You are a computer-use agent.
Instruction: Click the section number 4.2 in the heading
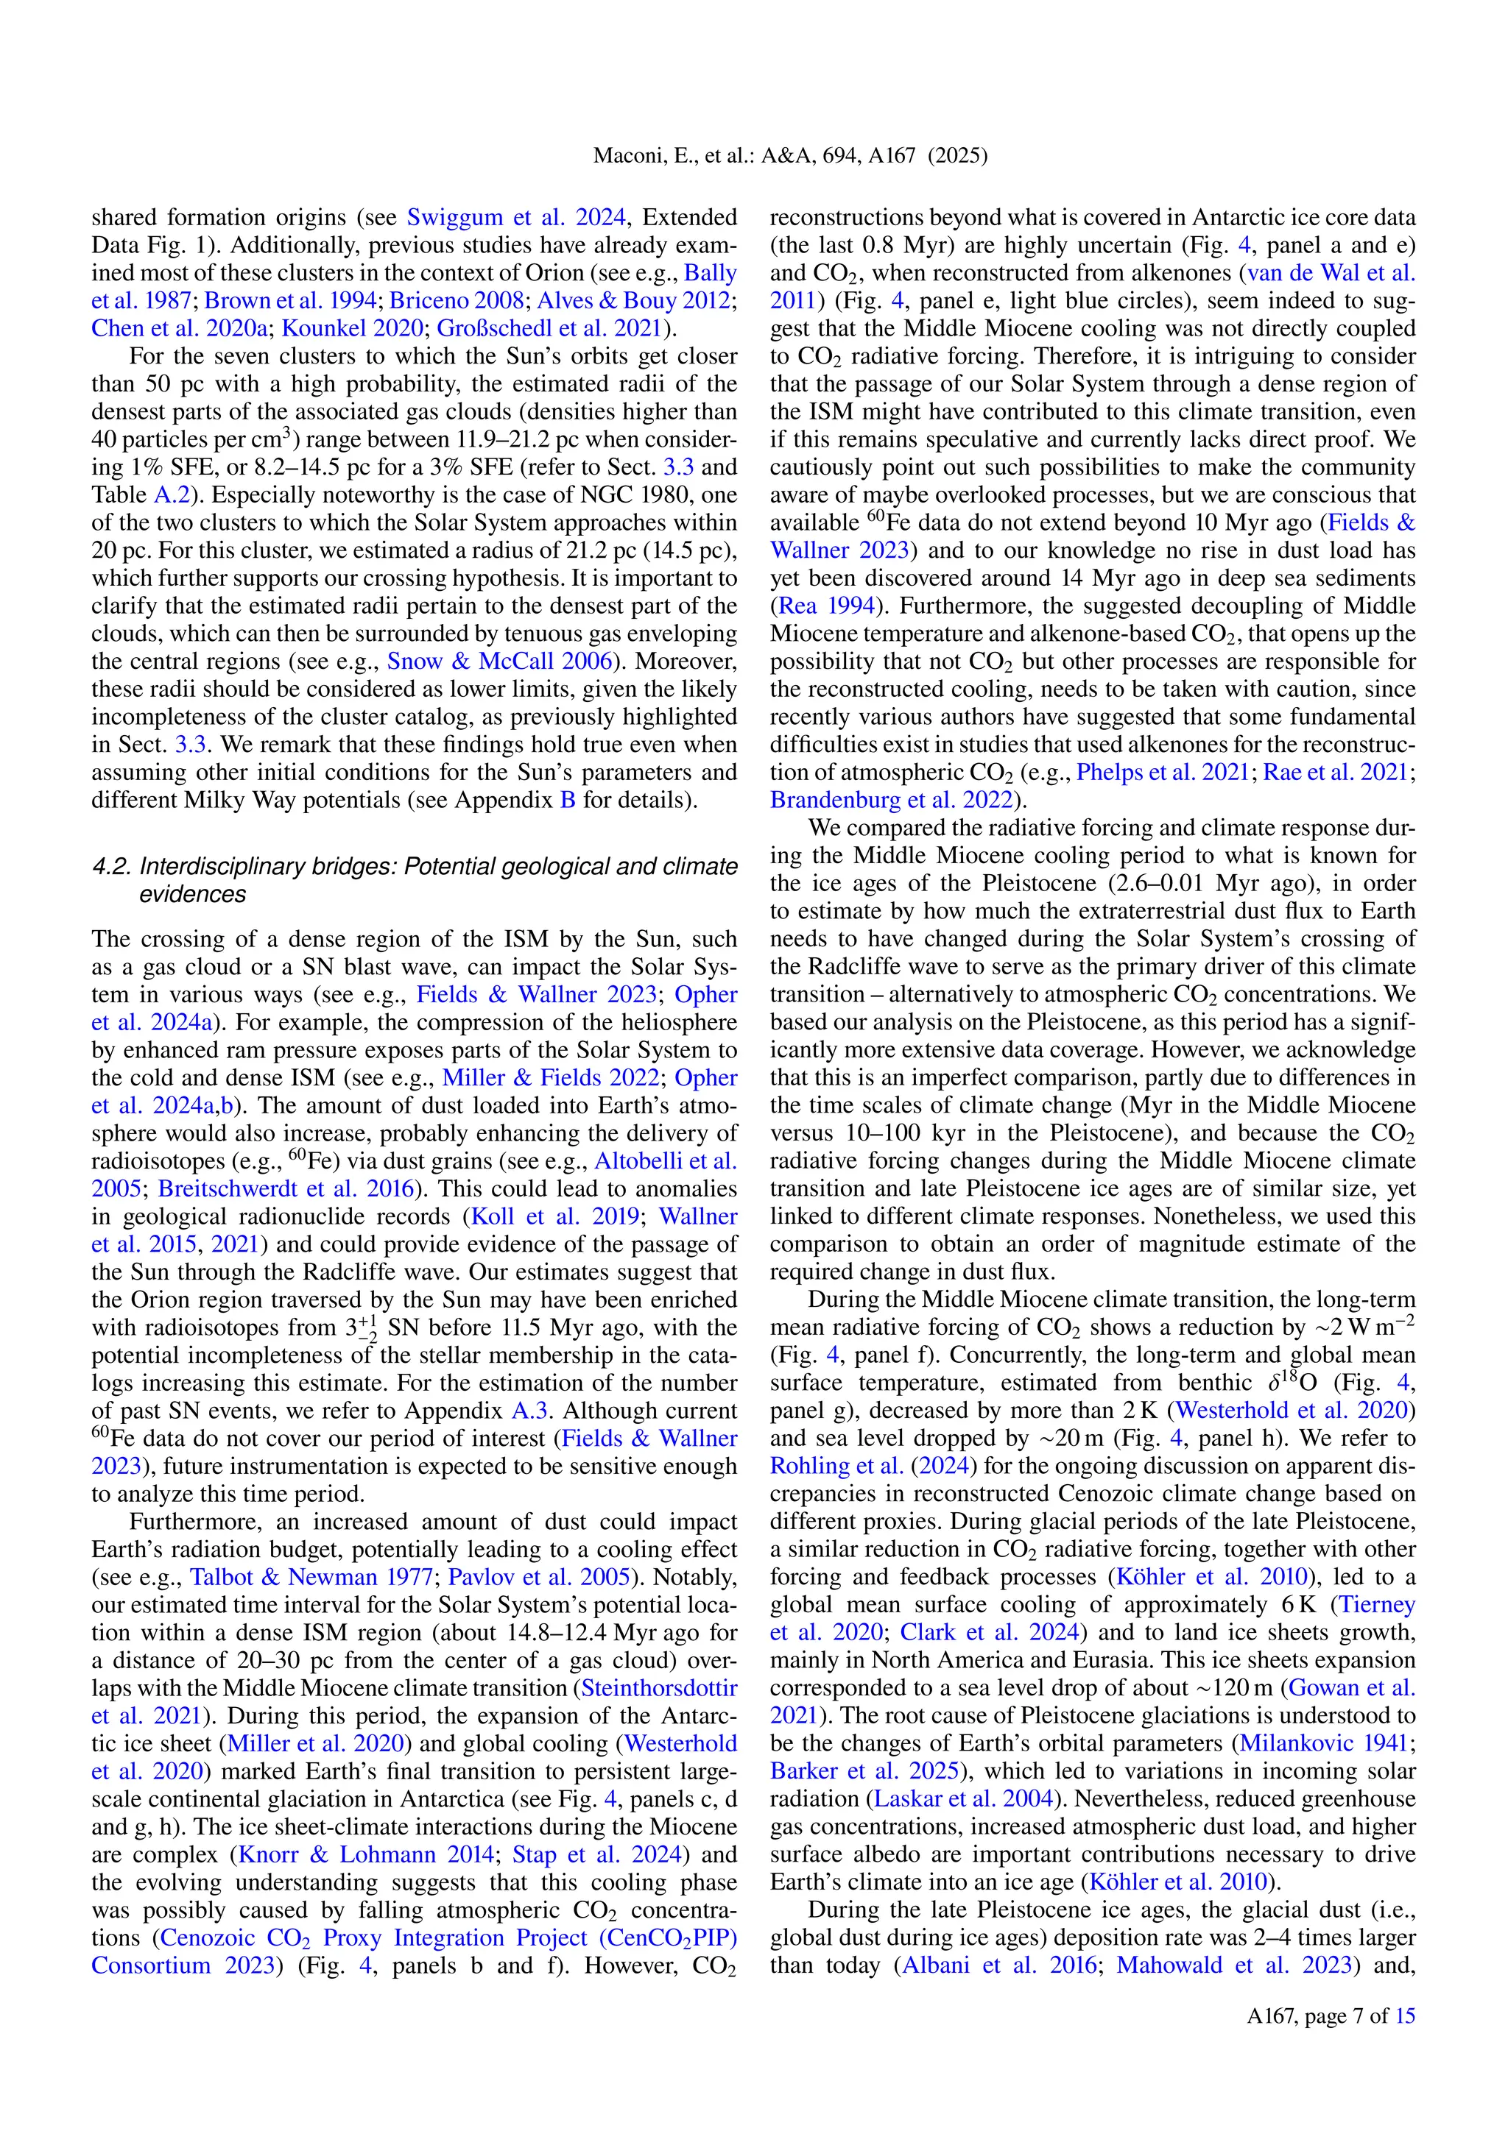[111, 867]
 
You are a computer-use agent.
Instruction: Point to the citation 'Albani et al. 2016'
[999, 1965]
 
